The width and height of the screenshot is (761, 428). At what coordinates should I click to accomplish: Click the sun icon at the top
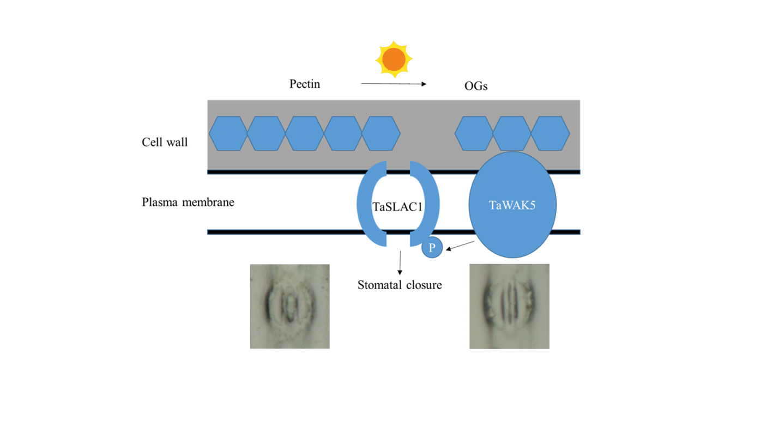[394, 59]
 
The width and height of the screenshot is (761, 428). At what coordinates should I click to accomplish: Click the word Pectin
[305, 84]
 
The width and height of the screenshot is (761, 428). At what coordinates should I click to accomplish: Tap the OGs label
[476, 86]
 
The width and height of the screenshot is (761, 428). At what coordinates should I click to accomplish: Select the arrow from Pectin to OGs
[393, 84]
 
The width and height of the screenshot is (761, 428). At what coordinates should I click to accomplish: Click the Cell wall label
[165, 143]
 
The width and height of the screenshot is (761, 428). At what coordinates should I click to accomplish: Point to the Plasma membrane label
[188, 203]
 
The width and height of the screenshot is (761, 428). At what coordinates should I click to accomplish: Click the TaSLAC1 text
[397, 207]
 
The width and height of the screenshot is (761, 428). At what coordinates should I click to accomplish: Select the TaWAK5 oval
[512, 205]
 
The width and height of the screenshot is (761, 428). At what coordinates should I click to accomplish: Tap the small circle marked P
[432, 248]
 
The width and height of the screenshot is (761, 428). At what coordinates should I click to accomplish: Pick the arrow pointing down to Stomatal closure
[400, 262]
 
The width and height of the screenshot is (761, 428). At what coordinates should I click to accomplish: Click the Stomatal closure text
[400, 285]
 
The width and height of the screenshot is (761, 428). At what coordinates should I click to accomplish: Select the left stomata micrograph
[289, 306]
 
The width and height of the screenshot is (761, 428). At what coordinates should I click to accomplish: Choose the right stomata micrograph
[509, 306]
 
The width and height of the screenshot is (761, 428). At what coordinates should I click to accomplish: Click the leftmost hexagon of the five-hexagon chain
[228, 133]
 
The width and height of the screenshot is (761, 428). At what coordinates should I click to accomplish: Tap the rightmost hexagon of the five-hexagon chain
[381, 133]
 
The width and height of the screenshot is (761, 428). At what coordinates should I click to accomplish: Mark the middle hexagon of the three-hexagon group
[512, 133]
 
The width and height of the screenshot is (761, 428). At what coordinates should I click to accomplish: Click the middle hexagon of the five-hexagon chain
[305, 133]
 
